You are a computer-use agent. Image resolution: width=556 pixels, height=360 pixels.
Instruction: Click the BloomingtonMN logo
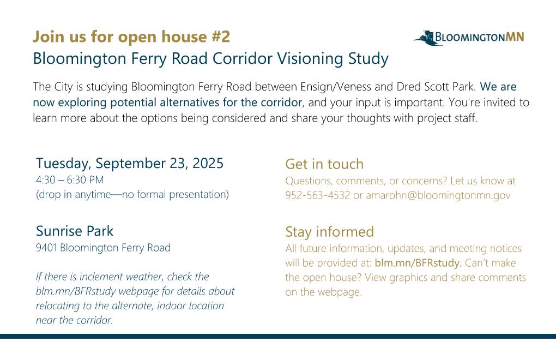tap(469, 37)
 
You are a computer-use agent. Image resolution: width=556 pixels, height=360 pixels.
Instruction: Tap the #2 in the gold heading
tap(221, 37)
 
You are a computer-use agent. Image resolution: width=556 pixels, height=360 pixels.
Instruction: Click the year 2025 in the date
tap(208, 163)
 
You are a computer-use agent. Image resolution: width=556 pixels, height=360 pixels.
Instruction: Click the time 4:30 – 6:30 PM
tap(70, 180)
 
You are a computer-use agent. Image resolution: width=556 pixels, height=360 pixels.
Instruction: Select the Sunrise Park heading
tap(75, 231)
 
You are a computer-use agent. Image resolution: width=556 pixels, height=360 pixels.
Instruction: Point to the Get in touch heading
tap(324, 164)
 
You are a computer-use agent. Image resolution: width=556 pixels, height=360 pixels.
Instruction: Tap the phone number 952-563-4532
tap(317, 195)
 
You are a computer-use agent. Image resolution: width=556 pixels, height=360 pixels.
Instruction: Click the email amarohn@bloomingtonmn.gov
tap(438, 195)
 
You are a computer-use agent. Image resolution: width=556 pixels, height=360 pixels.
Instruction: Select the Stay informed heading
tap(329, 232)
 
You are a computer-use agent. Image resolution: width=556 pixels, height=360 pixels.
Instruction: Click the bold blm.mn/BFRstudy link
tap(418, 263)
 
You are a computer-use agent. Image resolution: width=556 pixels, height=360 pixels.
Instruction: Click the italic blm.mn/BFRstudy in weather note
tap(76, 291)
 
